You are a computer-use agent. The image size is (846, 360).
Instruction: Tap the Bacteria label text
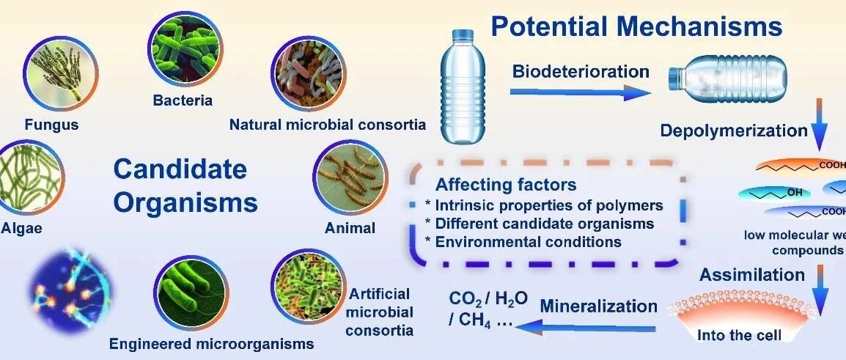pyautogui.click(x=183, y=100)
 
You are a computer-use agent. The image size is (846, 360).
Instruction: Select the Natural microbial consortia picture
pyautogui.click(x=308, y=73)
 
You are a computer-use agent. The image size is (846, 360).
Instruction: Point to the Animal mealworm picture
pyautogui.click(x=350, y=177)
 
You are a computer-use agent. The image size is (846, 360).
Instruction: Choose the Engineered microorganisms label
pyautogui.click(x=211, y=343)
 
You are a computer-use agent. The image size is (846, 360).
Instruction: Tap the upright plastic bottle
pyautogui.click(x=463, y=87)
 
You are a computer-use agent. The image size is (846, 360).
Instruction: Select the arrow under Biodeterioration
pyautogui.click(x=581, y=93)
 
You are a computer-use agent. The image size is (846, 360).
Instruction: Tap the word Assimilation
pyautogui.click(x=752, y=275)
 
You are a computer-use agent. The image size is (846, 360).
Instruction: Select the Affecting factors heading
pyautogui.click(x=506, y=185)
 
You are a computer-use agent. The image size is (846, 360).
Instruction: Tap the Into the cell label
pyautogui.click(x=739, y=335)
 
